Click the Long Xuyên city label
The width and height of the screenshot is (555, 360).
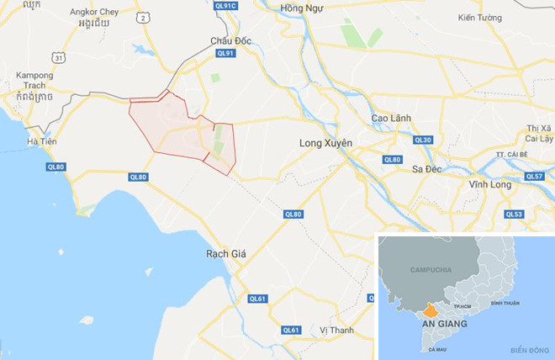pyautogui.click(x=325, y=144)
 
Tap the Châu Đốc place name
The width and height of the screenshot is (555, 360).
pyautogui.click(x=232, y=40)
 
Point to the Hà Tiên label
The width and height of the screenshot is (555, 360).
pyautogui.click(x=41, y=142)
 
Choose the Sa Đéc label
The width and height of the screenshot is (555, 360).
pyautogui.click(x=428, y=168)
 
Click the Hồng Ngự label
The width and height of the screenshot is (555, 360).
pyautogui.click(x=302, y=8)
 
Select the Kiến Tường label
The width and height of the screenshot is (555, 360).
pyautogui.click(x=479, y=19)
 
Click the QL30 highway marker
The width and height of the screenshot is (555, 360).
pyautogui.click(x=423, y=140)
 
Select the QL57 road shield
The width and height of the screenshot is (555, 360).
pyautogui.click(x=534, y=177)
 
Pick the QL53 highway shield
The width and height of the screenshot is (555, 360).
pyautogui.click(x=514, y=214)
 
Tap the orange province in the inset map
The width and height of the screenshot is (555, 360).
pyautogui.click(x=434, y=309)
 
